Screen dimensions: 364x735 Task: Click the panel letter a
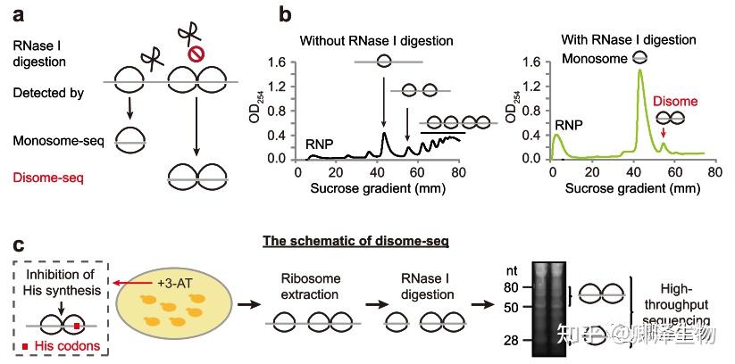18,14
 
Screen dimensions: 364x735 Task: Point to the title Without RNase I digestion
376,40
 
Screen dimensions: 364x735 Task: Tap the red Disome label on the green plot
676,102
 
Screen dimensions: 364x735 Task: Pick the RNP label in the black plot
321,143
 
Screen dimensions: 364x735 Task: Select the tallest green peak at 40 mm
639,71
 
